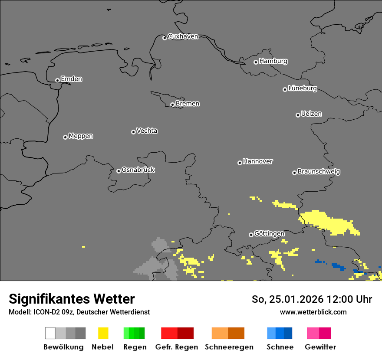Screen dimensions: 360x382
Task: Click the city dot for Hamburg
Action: (x=256, y=62)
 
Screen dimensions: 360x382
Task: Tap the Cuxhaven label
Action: (x=183, y=37)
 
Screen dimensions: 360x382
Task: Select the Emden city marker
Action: (x=57, y=80)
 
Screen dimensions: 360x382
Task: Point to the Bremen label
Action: (x=188, y=104)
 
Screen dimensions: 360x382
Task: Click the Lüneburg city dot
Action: (x=285, y=89)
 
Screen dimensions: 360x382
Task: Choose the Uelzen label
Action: (x=311, y=114)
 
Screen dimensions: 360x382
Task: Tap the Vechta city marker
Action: (x=133, y=132)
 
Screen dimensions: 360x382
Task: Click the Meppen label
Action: (x=81, y=136)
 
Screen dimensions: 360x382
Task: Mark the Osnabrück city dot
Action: (x=119, y=171)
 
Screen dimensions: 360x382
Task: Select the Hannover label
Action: (x=258, y=162)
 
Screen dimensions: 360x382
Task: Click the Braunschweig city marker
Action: (x=294, y=173)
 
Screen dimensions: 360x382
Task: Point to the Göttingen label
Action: (x=269, y=234)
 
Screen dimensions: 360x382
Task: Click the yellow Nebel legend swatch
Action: (x=103, y=333)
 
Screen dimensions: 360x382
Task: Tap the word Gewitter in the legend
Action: (x=320, y=347)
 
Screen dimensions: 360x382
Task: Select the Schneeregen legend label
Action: (x=229, y=347)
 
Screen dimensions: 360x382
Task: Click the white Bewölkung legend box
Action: (x=50, y=333)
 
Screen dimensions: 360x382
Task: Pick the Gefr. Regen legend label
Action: (x=177, y=347)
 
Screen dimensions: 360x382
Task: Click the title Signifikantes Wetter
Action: (x=72, y=299)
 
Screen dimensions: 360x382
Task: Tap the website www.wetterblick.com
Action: (x=313, y=312)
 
